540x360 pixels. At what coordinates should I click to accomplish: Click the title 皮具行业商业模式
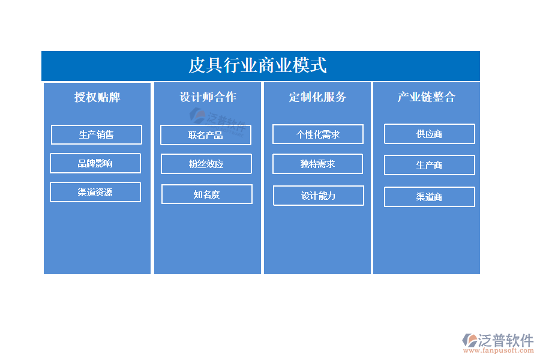[257, 65]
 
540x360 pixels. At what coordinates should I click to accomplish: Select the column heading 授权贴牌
[97, 97]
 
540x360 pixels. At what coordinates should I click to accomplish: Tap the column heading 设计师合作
[208, 97]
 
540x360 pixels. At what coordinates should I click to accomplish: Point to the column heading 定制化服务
[317, 97]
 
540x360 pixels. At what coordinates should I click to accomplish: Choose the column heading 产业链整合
[427, 97]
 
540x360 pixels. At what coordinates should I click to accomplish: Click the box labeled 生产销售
[97, 134]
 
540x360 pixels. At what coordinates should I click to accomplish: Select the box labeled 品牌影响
[95, 163]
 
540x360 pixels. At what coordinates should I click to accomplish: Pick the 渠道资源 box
[95, 192]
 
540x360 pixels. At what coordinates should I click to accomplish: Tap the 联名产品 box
[206, 135]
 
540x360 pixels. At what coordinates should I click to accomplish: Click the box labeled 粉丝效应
[206, 164]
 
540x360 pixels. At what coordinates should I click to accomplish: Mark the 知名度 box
[207, 194]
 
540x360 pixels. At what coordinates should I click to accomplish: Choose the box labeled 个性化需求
[318, 134]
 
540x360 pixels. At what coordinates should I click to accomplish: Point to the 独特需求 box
[317, 164]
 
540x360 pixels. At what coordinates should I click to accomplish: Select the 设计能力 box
[319, 196]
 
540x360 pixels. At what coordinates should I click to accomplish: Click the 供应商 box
[430, 134]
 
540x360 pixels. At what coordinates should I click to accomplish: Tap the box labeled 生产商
[430, 165]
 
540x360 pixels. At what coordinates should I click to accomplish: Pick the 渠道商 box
[430, 197]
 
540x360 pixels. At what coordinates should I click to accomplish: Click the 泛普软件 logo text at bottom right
[506, 340]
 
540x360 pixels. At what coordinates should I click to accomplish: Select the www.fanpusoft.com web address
[499, 350]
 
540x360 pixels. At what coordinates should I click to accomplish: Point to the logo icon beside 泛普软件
[470, 340]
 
